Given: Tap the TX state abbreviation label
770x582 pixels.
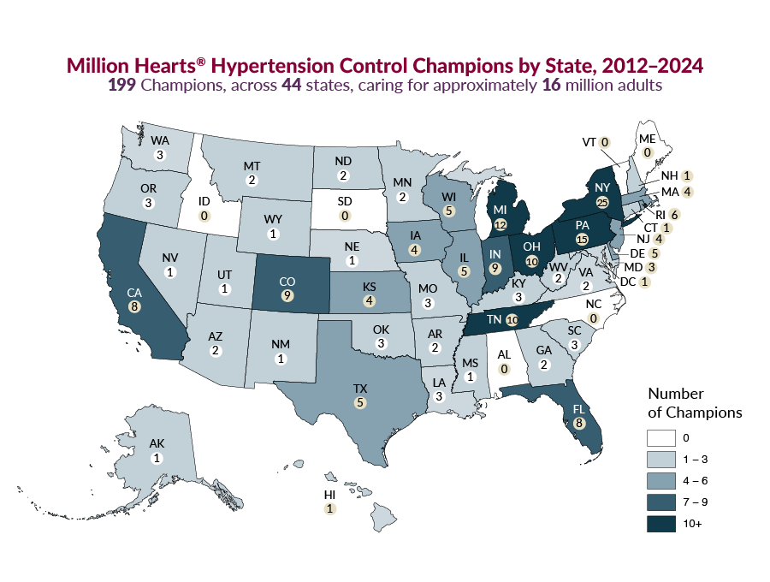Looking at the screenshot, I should pyautogui.click(x=360, y=388).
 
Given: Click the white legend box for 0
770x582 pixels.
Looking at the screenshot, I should pyautogui.click(x=659, y=438).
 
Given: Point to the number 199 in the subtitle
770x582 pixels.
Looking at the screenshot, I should pyautogui.click(x=121, y=86).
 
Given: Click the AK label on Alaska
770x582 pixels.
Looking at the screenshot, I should pyautogui.click(x=157, y=445).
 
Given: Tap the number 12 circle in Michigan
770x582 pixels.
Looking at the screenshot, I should pyautogui.click(x=500, y=224).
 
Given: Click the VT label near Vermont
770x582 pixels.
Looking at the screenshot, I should pyautogui.click(x=588, y=142).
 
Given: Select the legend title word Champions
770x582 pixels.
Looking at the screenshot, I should pyautogui.click(x=706, y=413).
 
